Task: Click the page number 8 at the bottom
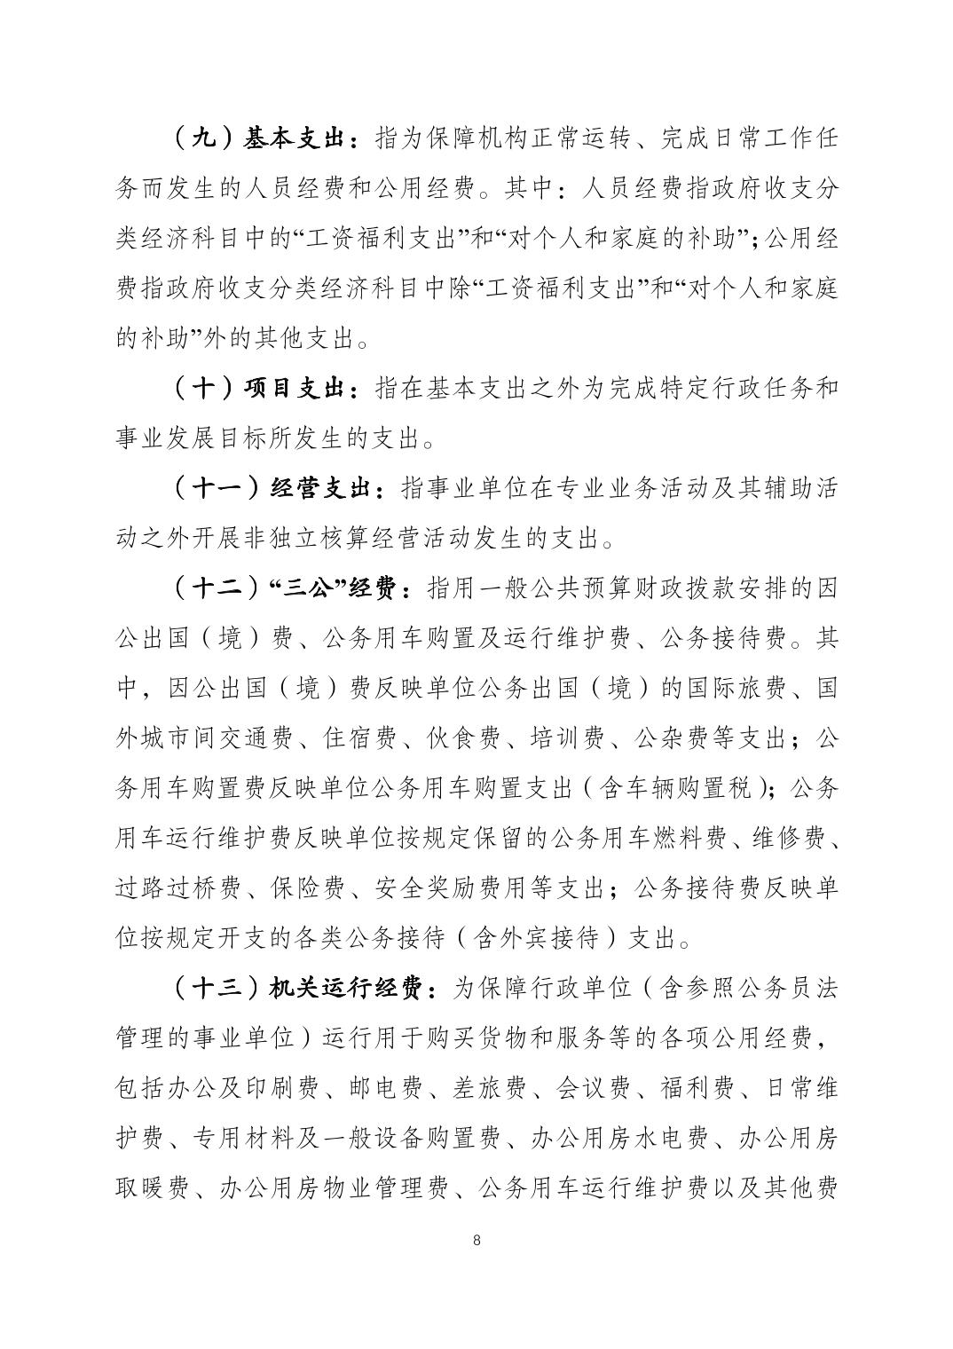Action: coord(477,1240)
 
